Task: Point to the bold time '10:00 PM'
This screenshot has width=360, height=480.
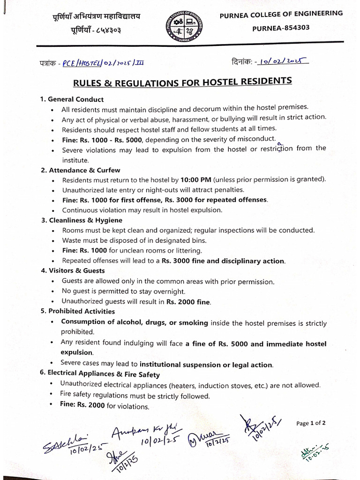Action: pyautogui.click(x=197, y=180)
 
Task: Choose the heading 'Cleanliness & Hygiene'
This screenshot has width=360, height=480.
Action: pyautogui.click(x=85, y=220)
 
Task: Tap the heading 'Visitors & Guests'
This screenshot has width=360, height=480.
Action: pyautogui.click(x=77, y=270)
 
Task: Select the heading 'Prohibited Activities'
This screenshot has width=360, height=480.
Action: pyautogui.click(x=81, y=311)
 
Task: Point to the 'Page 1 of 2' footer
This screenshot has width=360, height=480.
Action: pyautogui.click(x=311, y=423)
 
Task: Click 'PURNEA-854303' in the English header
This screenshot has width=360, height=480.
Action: pyautogui.click(x=281, y=28)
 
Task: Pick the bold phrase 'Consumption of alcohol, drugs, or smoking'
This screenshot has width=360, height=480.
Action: pyautogui.click(x=135, y=322)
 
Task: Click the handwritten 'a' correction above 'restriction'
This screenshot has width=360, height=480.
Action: pyautogui.click(x=280, y=143)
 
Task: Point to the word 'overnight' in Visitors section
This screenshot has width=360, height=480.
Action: pyautogui.click(x=165, y=292)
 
